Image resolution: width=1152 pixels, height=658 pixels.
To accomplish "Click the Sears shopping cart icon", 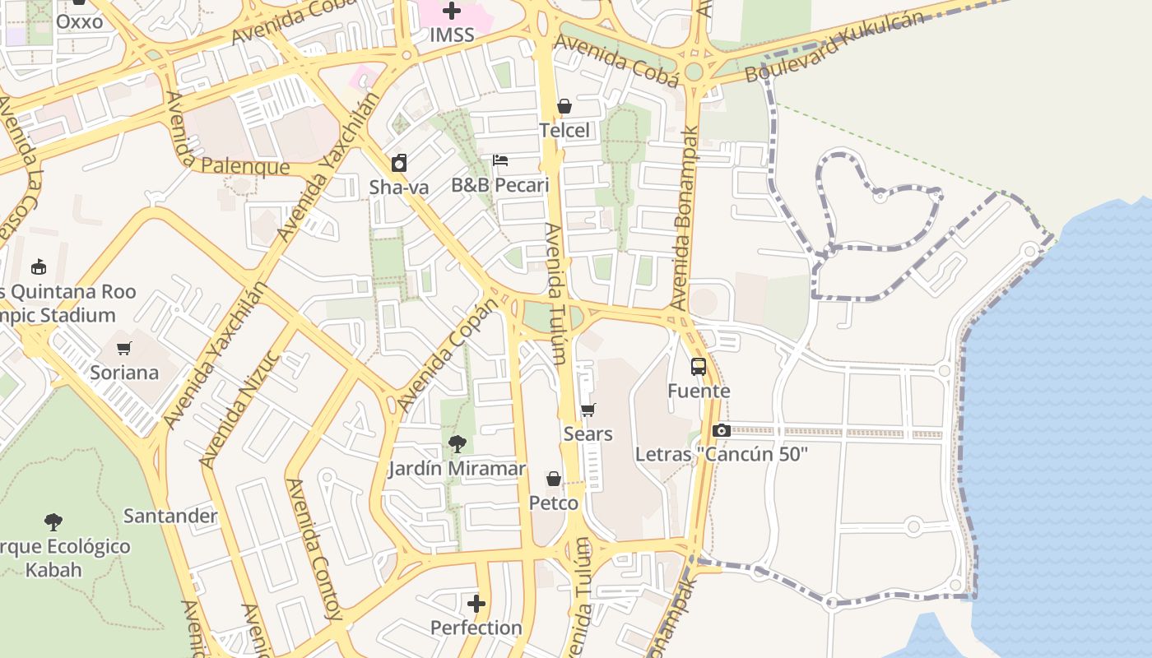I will click(x=588, y=410).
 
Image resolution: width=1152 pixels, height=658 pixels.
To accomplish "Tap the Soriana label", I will click(x=124, y=373).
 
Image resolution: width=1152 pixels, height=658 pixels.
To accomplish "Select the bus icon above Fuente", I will click(x=699, y=367).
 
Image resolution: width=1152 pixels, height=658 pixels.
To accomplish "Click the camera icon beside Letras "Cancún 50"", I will click(x=721, y=430).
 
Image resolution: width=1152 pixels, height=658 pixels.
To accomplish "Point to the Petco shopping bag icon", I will click(x=554, y=479).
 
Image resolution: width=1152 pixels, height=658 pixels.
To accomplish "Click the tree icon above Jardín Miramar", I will click(x=458, y=445).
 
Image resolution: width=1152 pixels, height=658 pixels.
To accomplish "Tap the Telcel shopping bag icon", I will click(x=564, y=106).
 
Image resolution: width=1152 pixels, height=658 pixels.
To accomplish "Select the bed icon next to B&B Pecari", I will click(x=500, y=160).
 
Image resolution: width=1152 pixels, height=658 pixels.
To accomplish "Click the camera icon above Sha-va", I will click(x=399, y=163).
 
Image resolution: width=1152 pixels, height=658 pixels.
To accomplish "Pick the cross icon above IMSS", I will click(x=452, y=11).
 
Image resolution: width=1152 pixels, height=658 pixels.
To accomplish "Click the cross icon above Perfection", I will click(x=476, y=605).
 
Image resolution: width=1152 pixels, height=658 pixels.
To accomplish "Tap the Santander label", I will click(x=170, y=517).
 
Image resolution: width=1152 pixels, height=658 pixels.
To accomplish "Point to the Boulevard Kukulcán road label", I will click(x=834, y=47).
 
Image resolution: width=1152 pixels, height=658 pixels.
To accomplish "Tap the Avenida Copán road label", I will click(x=448, y=354).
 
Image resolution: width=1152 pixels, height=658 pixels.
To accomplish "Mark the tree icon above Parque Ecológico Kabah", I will click(x=53, y=521).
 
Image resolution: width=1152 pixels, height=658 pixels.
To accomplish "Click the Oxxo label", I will click(x=80, y=22).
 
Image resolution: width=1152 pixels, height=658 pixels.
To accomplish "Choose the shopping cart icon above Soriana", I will click(x=124, y=348).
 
